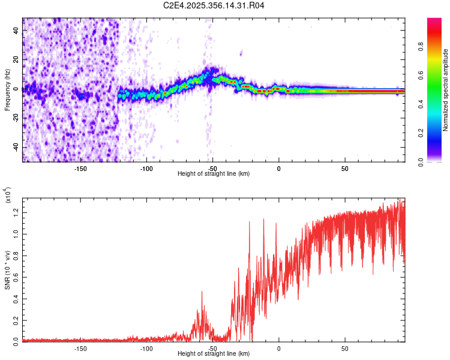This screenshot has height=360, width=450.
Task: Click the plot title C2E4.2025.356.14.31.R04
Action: [214, 5]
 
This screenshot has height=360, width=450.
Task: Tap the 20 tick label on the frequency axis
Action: [17, 59]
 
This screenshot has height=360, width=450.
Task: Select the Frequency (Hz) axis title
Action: [7, 90]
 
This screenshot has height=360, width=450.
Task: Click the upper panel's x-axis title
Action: [214, 173]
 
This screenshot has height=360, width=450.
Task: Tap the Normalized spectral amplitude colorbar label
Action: [445, 90]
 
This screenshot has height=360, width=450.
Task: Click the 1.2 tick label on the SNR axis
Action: [17, 211]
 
